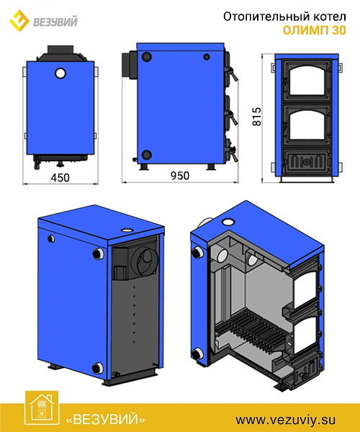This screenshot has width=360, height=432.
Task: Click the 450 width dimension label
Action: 60,178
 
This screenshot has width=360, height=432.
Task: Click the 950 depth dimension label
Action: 180,176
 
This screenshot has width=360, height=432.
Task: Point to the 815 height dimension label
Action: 257,117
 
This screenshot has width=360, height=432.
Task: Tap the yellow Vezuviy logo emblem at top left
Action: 19,20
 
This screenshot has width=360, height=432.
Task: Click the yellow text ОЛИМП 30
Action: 314,30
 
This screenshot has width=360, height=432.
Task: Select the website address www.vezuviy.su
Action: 286,420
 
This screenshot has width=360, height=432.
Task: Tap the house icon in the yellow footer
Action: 42,408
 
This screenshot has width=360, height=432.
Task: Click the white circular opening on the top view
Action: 60,73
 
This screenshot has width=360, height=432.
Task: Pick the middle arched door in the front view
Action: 306,125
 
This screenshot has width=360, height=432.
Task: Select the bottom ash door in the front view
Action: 306,162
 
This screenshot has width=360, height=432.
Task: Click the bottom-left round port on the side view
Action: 147,155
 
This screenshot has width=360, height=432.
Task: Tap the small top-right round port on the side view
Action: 207,57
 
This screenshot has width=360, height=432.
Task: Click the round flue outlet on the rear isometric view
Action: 145,259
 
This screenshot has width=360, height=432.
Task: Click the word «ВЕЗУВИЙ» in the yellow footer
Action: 106,420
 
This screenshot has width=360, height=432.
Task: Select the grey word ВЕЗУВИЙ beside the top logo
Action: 55,22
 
